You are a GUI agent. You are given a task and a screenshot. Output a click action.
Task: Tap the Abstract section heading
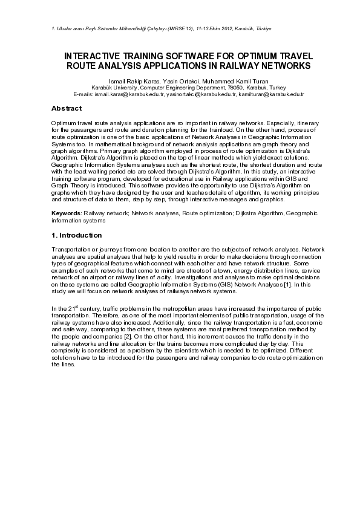point(67,108)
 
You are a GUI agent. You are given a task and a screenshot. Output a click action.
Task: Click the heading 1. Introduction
point(77,235)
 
